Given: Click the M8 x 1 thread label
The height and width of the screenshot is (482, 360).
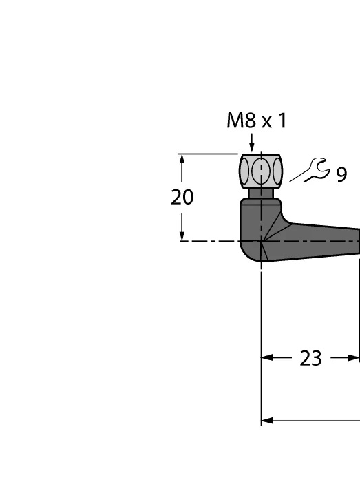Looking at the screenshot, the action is point(257,120).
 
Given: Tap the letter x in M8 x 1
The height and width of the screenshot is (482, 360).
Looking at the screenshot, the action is point(267,123).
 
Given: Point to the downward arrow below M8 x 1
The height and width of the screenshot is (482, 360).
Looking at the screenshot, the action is point(252,143).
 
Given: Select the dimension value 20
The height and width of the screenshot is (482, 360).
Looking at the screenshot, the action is point(182,197).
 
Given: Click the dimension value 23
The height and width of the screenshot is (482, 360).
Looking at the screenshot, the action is point(310,358).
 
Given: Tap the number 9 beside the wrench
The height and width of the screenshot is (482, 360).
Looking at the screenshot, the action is point(341,175).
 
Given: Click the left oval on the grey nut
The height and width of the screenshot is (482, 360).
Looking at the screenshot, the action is point(244,171).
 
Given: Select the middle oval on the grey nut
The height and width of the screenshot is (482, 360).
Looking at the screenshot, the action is point(261,171).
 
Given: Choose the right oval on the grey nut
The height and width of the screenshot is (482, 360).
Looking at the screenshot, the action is point(277,171).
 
